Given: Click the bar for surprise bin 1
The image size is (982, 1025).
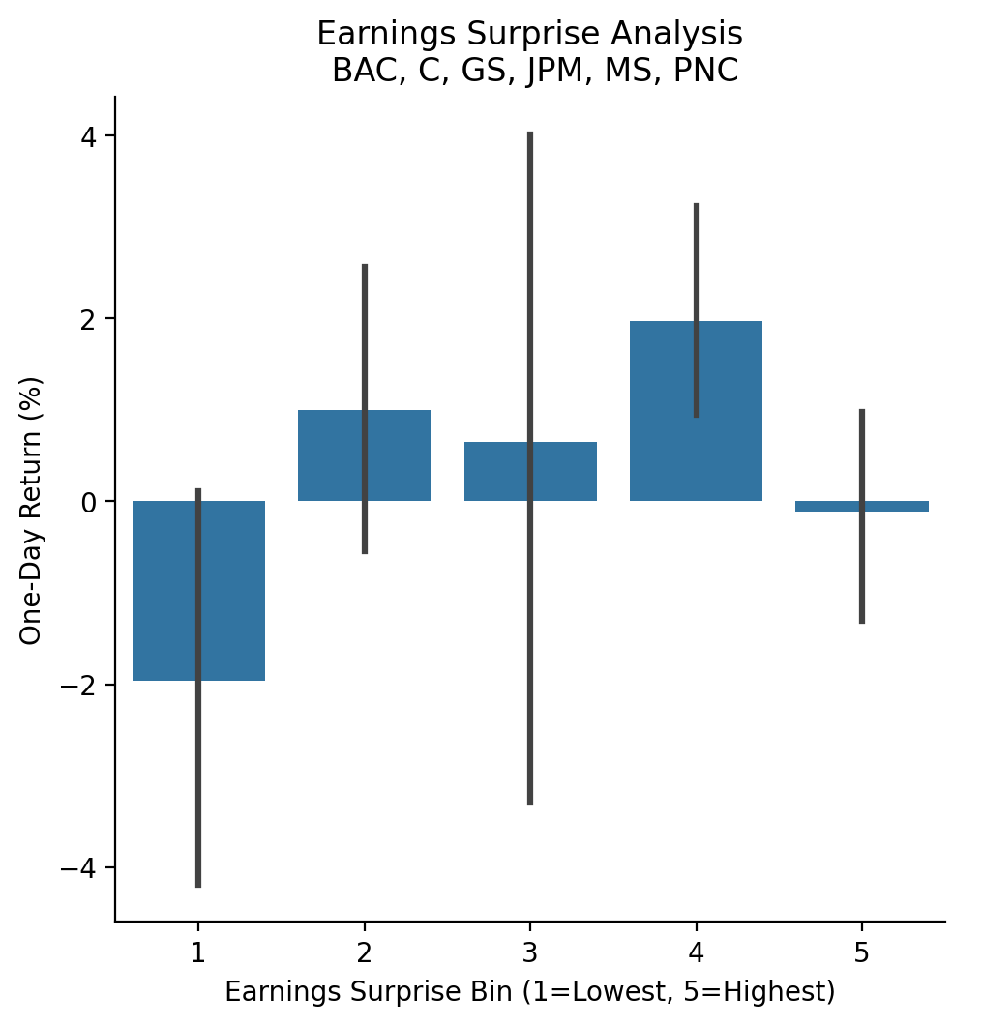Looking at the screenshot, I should click(164, 591).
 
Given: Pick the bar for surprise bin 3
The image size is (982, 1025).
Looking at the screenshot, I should click(498, 472).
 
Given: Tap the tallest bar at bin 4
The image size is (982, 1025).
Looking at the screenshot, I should click(668, 411).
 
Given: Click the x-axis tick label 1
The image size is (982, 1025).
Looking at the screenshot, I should click(198, 952).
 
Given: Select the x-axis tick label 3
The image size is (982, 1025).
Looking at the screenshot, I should click(530, 952).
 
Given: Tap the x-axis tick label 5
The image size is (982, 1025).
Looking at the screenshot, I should click(862, 952).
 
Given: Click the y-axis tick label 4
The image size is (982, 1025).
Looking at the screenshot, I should click(90, 136).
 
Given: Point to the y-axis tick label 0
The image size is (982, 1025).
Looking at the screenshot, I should click(90, 502).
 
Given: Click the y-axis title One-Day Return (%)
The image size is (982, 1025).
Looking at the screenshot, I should click(31, 510).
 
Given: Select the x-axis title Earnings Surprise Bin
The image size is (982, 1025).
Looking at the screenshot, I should click(529, 992).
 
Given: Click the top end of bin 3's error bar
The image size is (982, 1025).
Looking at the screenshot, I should click(530, 133).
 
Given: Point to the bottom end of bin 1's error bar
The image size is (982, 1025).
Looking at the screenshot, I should click(198, 885).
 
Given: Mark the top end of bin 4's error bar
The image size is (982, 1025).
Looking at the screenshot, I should click(697, 205).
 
